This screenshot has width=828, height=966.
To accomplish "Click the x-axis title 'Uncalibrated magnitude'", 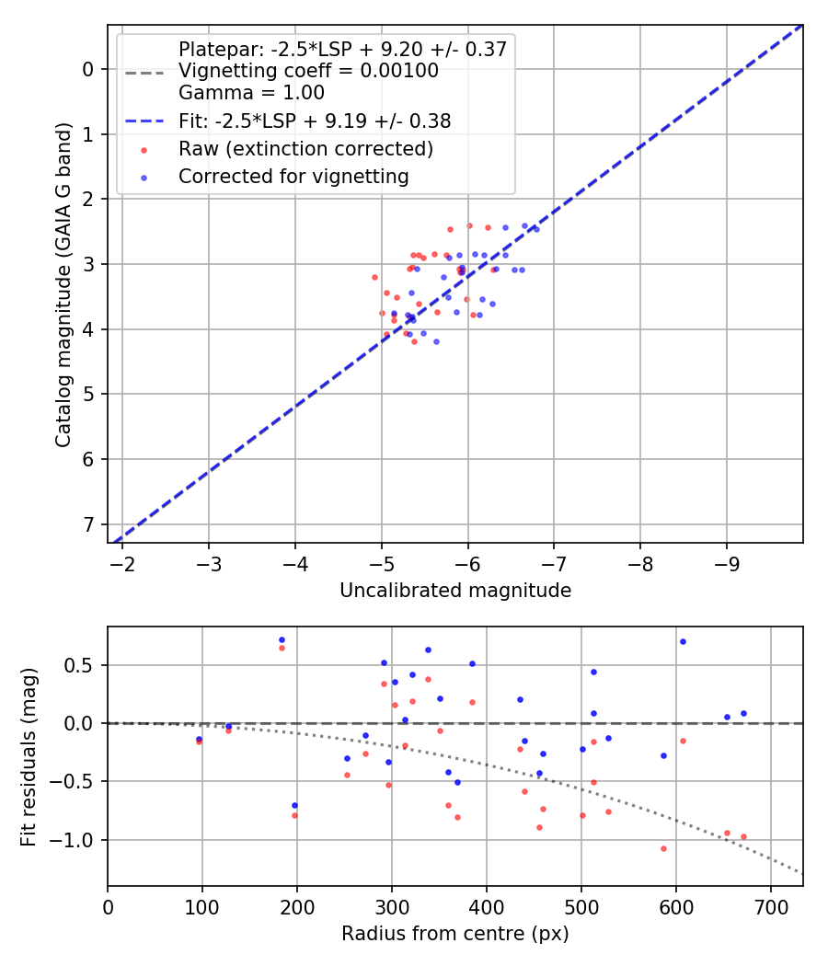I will tap(455, 591).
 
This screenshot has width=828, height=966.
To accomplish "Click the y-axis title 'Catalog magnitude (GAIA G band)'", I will tap(63, 284).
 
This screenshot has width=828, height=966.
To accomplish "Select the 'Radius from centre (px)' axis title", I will tap(455, 935).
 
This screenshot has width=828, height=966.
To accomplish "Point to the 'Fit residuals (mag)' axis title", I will tap(29, 756).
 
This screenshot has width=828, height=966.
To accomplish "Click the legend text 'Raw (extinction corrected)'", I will tap(305, 148).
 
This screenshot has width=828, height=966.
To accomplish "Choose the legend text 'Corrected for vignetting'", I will tap(293, 176).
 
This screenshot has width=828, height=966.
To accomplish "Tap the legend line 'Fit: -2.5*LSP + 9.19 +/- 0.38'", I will tap(144, 121).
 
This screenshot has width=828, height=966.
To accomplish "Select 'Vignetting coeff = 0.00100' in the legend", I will tap(308, 71).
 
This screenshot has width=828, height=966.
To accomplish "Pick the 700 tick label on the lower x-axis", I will tap(771, 907).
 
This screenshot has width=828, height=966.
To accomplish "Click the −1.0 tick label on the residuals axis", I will tap(77, 840).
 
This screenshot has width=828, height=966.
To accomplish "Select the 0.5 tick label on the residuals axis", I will tap(83, 665).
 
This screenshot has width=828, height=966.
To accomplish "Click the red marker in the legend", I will tap(144, 148).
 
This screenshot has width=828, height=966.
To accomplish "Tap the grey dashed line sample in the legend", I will tap(144, 72).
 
